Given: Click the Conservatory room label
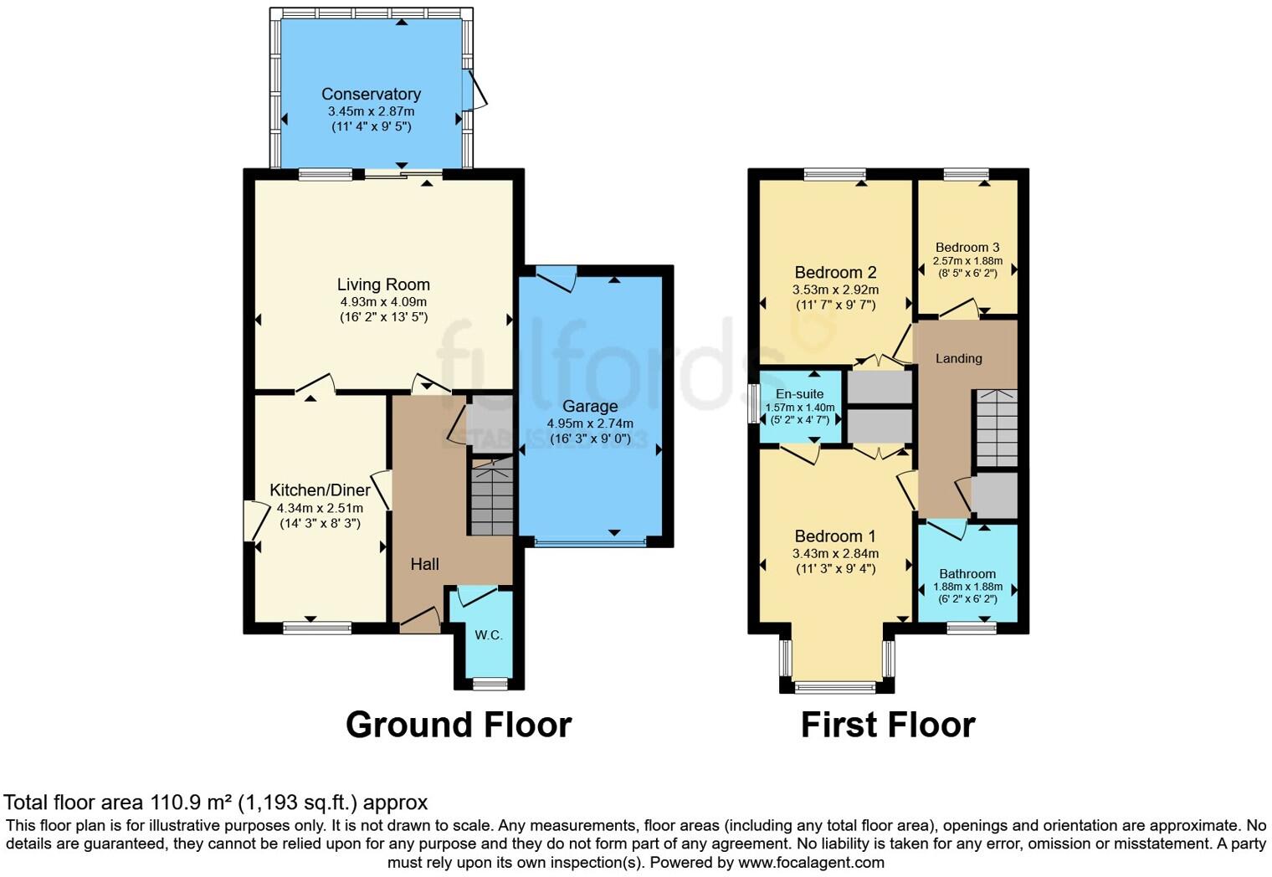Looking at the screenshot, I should (371, 95).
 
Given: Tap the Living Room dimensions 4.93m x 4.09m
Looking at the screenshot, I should (383, 302).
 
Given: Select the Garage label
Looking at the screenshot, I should (590, 407).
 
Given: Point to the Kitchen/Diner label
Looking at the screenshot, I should (320, 490).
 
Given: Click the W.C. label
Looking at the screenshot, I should (489, 635).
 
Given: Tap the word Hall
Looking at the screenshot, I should (424, 564).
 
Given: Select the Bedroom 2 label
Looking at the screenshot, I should (835, 273).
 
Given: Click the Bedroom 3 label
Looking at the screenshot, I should (967, 247).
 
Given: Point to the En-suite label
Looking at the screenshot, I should (799, 393).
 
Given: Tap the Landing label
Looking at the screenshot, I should (958, 358).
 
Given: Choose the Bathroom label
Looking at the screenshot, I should (967, 574).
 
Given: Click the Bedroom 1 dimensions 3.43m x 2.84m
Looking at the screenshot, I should (835, 553).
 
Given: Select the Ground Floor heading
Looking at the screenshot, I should (459, 725).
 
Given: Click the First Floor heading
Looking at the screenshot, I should (888, 725).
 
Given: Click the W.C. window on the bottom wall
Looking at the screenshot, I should (490, 684).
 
